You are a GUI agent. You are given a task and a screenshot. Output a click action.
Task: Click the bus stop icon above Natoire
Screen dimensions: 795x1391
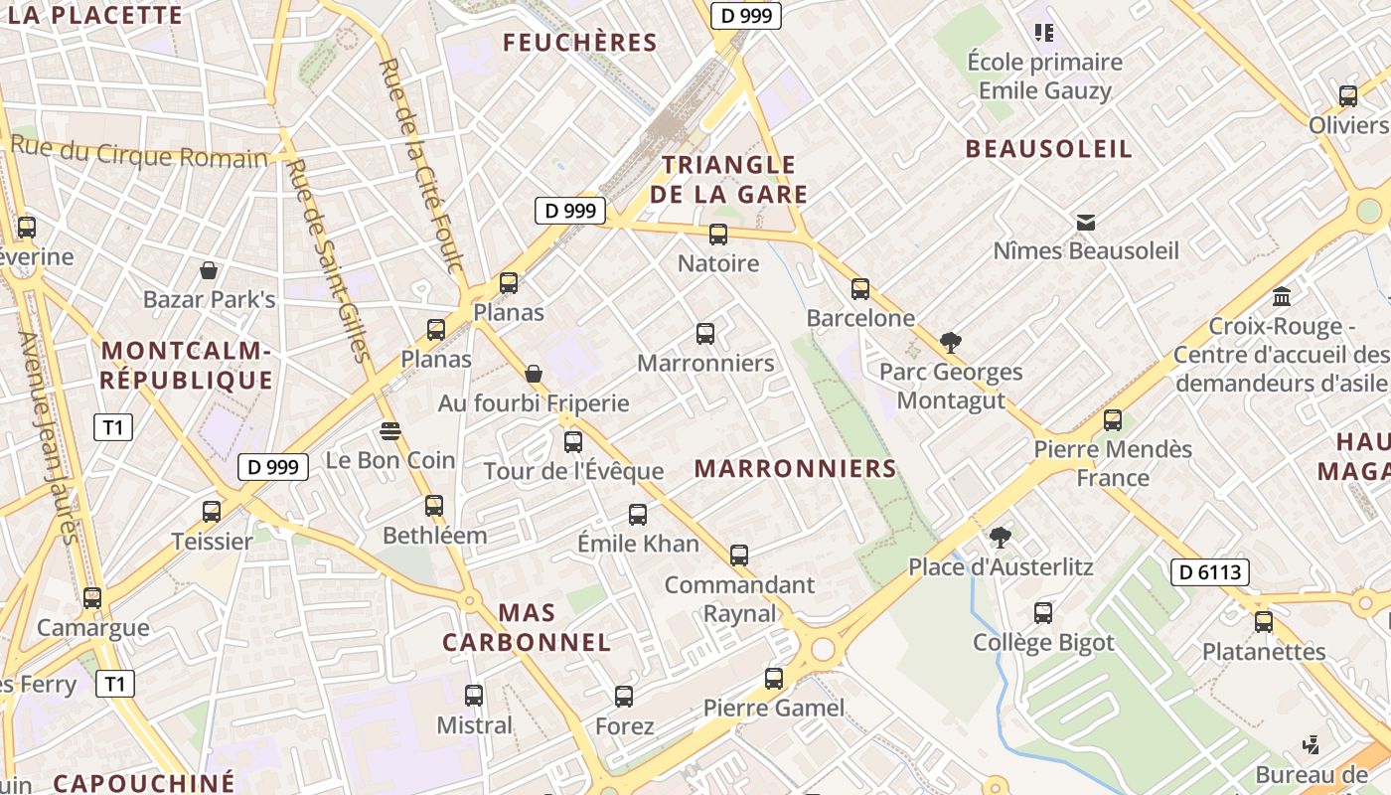coord(717,235)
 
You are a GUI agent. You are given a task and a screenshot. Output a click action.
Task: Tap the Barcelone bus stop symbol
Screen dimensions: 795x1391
coord(860,289)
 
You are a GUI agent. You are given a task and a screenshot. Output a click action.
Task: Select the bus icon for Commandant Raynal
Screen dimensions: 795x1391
coord(738,555)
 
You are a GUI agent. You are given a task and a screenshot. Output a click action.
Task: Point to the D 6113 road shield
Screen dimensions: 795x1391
coord(1209,571)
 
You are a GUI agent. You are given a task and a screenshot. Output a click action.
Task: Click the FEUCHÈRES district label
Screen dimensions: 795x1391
coord(580,43)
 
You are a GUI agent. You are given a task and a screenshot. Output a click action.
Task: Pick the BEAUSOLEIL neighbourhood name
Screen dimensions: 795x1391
coord(1049,149)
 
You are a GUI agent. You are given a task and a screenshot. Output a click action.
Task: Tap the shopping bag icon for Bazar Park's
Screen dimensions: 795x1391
coord(209,270)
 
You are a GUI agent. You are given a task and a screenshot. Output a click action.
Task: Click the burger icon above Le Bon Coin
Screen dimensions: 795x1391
coord(389,430)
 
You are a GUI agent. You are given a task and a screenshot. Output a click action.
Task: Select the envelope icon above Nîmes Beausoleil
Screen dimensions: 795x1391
coord(1085,222)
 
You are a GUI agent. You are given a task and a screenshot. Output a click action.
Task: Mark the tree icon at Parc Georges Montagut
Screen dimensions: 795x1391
coord(950,343)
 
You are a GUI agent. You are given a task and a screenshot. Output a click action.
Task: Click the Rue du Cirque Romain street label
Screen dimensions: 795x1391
coord(140,153)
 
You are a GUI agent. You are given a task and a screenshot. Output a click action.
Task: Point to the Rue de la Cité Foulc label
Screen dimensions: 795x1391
coord(421,165)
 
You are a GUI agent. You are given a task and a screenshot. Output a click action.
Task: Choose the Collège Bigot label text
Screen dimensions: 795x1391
coord(1043,643)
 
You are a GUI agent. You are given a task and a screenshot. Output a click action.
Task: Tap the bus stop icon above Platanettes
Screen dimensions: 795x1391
coord(1263,622)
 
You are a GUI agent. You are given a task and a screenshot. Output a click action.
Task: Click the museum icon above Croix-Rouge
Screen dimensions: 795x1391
coord(1282,297)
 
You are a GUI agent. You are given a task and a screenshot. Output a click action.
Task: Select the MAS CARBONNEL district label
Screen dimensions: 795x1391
coord(527,627)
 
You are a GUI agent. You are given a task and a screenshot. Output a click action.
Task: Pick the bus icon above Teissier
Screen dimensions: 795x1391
coord(212,512)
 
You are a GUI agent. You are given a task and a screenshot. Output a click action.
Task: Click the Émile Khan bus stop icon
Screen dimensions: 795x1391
coord(638,515)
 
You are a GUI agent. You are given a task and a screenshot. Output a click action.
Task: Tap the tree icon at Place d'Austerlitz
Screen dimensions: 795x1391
coord(1000,538)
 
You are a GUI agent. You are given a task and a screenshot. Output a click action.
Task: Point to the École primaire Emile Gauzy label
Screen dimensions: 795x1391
coord(1044,77)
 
